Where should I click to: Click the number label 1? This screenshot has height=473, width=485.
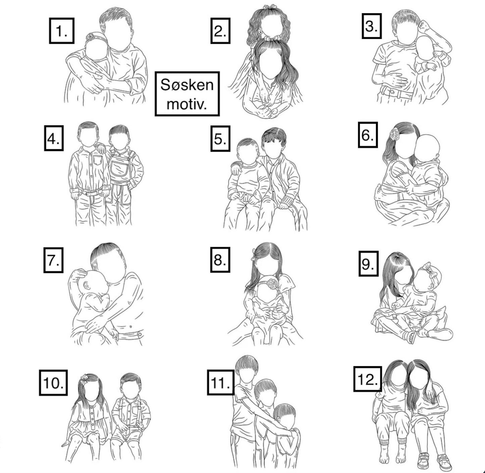(x=61, y=31)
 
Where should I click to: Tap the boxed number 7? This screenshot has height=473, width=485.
(x=53, y=260)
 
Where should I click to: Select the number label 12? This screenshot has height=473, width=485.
(x=368, y=379)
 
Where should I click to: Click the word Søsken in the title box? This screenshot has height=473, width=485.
(x=187, y=85)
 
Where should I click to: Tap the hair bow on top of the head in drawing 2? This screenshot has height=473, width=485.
(x=270, y=6)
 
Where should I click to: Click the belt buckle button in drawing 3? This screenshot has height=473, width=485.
(x=392, y=92)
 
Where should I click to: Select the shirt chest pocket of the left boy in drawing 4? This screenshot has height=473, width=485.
(x=97, y=161)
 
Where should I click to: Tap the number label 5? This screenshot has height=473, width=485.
(x=220, y=139)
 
